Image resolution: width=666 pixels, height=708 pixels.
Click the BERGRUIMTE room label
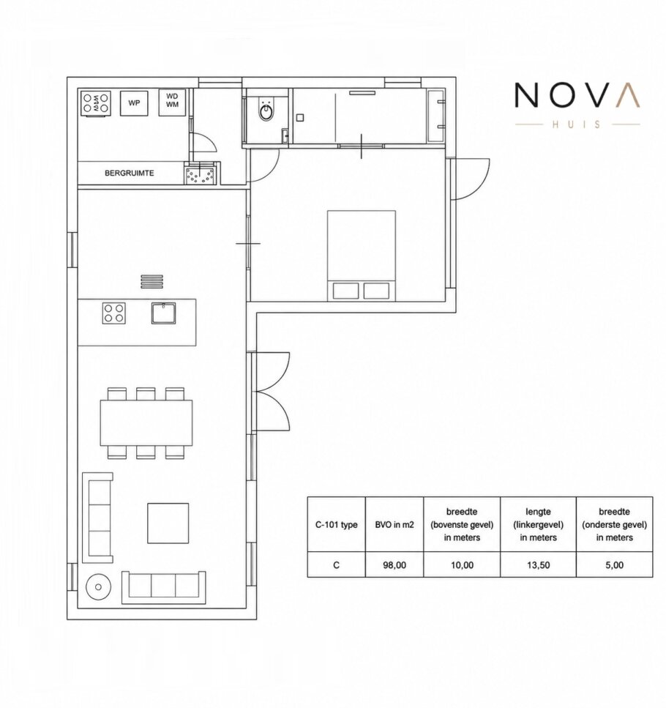coord(129,173)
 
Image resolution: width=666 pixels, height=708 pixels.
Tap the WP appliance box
coord(134,103)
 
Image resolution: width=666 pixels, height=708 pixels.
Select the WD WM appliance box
coord(172,101)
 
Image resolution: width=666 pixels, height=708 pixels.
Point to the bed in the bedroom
coord(362,255)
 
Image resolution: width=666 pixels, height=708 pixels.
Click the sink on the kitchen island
coord(163,313)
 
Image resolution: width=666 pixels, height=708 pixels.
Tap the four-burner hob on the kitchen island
coord(113,313)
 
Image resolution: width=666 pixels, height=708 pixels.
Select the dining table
coord(146,422)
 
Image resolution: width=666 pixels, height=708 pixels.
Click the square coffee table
coord(168,523)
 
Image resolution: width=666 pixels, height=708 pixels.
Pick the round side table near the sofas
coord(98,586)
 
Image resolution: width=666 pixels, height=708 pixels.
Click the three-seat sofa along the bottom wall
coord(163,587)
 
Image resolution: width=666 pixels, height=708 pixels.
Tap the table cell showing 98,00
coord(394,564)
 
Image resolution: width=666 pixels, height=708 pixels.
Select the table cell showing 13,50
coord(539,564)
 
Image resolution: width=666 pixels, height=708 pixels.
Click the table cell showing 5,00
coord(615,564)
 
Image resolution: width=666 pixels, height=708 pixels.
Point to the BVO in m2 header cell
coord(394,524)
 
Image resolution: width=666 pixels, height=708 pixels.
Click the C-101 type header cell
coord(336,524)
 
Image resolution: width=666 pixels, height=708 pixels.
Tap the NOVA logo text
coord(577,95)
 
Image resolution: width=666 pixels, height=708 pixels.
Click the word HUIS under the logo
coord(577,124)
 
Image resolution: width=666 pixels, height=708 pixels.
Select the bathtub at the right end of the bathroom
coord(435,116)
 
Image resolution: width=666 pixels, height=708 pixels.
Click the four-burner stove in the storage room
coord(96,103)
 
